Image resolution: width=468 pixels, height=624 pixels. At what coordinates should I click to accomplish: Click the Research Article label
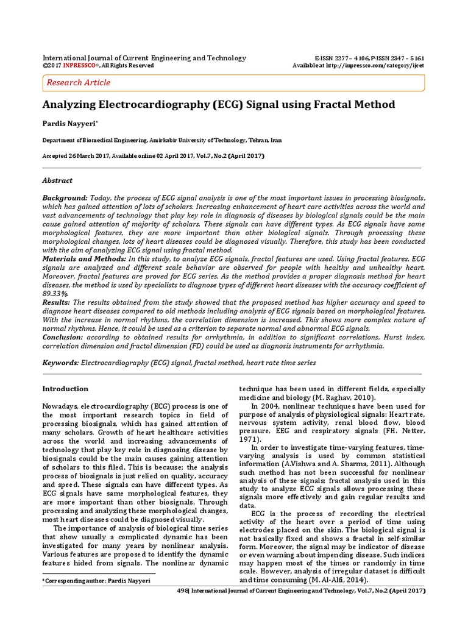point(79,82)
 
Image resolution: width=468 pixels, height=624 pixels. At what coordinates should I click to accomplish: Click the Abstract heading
point(57,180)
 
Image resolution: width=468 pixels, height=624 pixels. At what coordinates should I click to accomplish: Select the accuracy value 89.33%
point(54,293)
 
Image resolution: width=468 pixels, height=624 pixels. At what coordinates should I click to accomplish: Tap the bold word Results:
point(56,302)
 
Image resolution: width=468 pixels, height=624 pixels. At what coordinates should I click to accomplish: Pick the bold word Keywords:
point(60,363)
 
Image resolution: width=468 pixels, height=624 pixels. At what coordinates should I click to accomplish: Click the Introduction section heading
point(65,389)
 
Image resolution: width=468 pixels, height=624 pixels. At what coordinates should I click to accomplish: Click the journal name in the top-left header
point(144,58)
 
